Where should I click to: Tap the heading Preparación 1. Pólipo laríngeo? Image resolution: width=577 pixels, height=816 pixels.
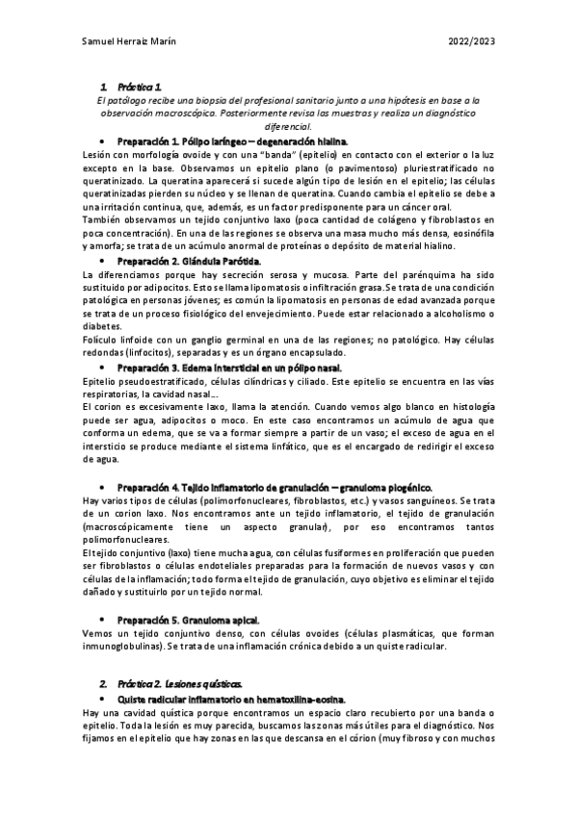click(211, 140)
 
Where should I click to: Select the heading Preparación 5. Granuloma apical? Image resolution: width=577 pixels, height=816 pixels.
click(188, 622)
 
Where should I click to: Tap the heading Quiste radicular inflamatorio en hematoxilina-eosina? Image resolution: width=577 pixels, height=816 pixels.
click(231, 697)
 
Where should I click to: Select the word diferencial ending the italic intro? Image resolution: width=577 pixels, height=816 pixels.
click(288, 126)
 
